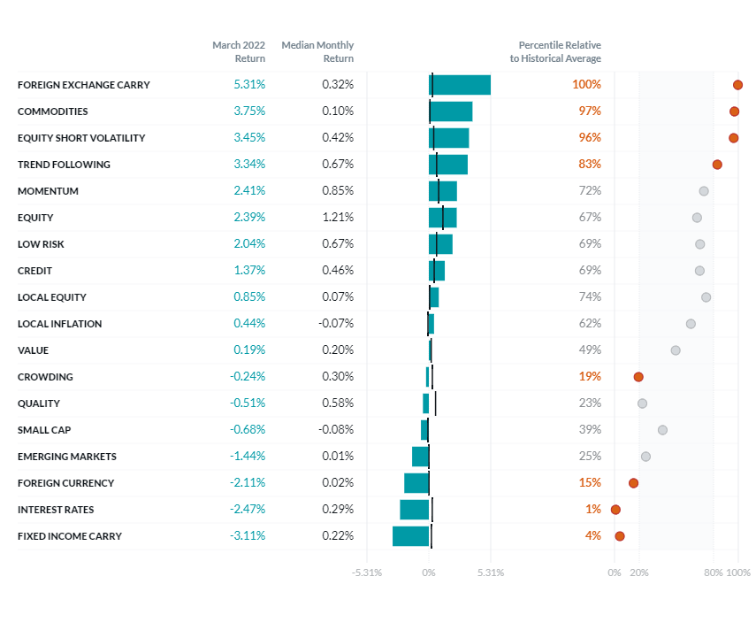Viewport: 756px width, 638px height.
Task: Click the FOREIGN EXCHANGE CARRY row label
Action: point(84,85)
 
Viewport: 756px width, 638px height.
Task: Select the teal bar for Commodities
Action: point(451,111)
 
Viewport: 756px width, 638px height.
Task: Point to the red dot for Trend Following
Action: point(717,165)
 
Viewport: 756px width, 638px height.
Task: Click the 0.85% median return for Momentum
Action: point(338,191)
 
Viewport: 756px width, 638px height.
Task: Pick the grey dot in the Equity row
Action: point(697,218)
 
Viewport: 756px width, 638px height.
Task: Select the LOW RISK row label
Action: point(41,244)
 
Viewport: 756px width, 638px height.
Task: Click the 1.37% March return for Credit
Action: point(249,271)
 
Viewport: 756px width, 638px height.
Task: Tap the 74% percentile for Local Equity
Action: point(590,297)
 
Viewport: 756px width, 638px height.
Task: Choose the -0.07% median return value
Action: point(336,324)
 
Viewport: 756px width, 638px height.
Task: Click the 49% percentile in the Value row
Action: point(590,350)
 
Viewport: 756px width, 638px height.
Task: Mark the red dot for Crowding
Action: point(638,377)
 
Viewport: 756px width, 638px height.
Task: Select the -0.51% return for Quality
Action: point(248,404)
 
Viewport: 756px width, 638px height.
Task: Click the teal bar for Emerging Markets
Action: point(420,457)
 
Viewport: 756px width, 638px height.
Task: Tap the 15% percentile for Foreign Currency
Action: point(590,483)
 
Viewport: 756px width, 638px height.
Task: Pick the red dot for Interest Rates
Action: point(615,510)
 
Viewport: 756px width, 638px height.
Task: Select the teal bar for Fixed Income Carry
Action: point(411,536)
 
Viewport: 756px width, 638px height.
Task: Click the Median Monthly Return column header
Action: point(317,51)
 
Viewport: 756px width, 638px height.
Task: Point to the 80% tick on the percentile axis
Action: point(714,573)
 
